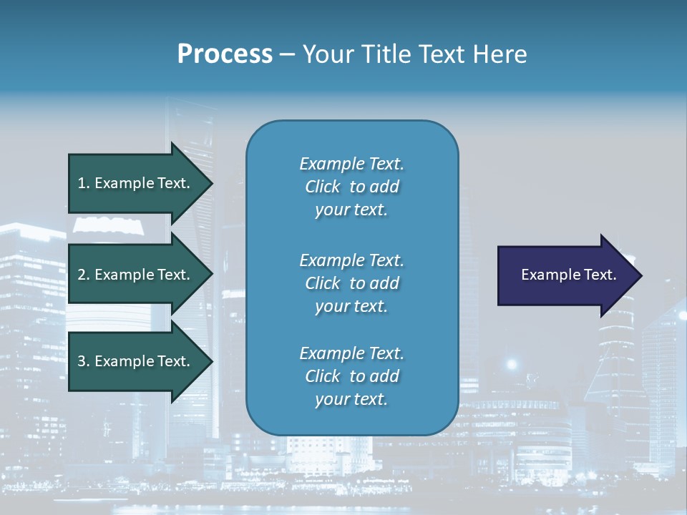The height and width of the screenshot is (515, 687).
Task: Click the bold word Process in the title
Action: click(x=225, y=54)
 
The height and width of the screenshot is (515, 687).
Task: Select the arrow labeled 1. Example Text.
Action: click(x=136, y=183)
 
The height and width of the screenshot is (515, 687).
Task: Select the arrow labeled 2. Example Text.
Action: click(x=136, y=275)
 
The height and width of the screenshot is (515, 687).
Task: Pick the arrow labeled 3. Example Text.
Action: click(x=136, y=361)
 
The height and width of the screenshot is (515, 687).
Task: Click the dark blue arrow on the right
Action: click(x=565, y=275)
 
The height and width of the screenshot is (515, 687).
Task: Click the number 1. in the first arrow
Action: click(x=84, y=183)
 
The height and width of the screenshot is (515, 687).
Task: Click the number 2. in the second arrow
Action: click(x=84, y=275)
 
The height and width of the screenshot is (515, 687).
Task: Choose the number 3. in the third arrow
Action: click(x=84, y=361)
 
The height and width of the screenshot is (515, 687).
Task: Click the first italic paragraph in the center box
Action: click(x=351, y=187)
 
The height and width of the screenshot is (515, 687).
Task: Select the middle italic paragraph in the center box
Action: click(x=351, y=283)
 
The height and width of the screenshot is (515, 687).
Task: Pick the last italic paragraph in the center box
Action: click(x=351, y=376)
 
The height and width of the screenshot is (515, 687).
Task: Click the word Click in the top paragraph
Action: click(x=323, y=187)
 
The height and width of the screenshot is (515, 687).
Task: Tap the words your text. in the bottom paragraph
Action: click(x=351, y=399)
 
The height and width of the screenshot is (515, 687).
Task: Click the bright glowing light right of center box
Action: click(x=511, y=364)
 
